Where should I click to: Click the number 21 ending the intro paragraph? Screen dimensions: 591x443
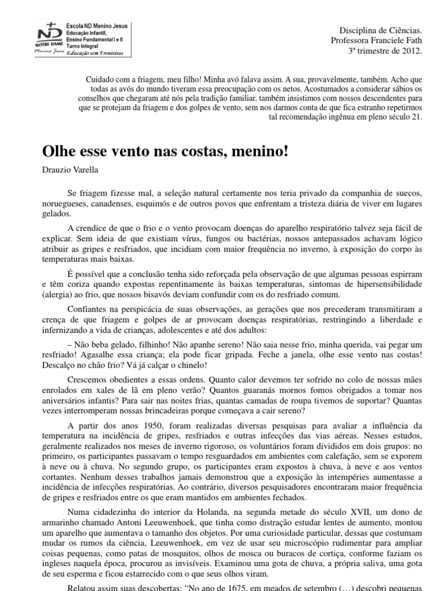pos(417,116)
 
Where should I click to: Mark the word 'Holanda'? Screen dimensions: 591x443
pos(172,513)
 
